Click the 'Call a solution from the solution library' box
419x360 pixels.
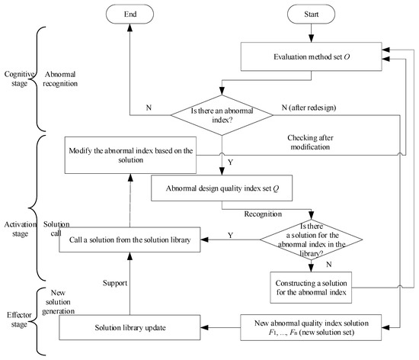(x=131, y=239)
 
